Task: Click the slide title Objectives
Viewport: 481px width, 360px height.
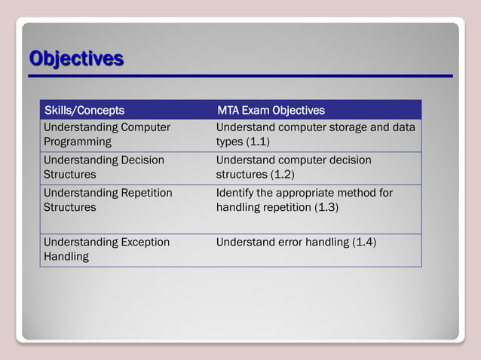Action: (x=76, y=58)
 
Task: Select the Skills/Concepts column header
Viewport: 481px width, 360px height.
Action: (x=84, y=111)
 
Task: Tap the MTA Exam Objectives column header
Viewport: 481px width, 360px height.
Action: (x=271, y=111)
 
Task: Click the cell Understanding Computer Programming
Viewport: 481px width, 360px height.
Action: (x=106, y=134)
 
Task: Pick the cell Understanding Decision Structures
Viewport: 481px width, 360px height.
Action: (x=103, y=167)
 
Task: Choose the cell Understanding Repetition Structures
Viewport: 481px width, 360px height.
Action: (x=107, y=200)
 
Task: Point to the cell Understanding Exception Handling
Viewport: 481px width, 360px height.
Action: (x=106, y=249)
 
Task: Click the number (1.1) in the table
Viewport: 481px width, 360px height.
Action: (x=258, y=142)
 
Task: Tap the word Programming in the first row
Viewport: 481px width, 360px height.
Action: (x=77, y=142)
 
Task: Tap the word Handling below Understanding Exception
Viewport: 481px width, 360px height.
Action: (x=66, y=257)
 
